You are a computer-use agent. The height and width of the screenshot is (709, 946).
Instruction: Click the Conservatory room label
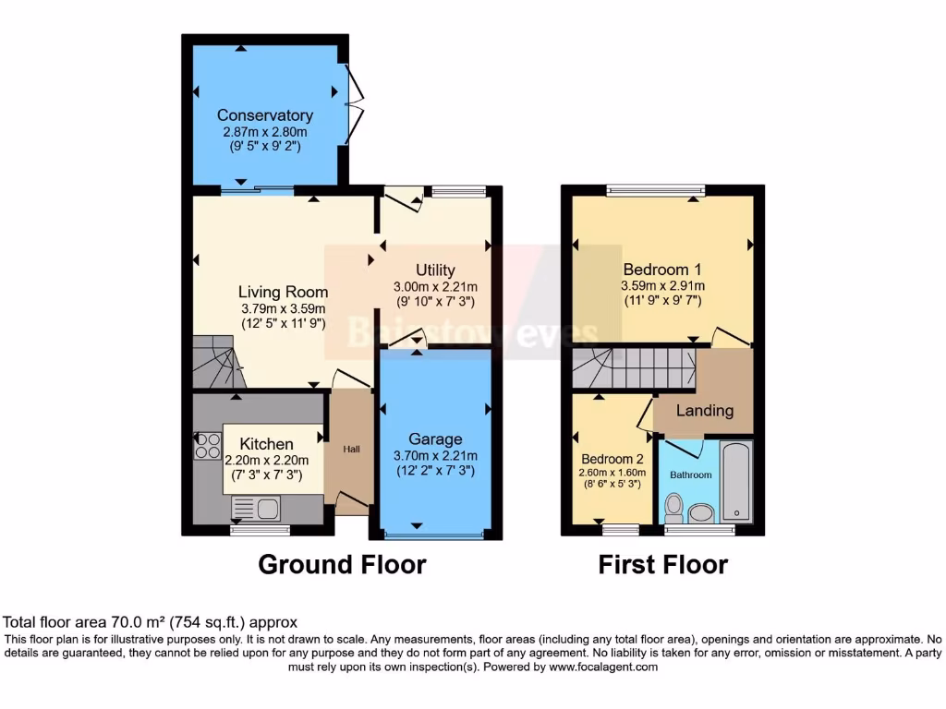click(264, 115)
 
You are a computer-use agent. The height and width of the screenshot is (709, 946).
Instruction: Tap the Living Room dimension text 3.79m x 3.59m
click(284, 307)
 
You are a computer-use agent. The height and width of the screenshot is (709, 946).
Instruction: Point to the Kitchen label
click(266, 444)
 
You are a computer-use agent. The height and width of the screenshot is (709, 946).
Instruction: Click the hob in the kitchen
click(208, 447)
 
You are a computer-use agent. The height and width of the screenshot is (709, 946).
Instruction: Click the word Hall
click(353, 449)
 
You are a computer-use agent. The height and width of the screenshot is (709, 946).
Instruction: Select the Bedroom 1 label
click(661, 270)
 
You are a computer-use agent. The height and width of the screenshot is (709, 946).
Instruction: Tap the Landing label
click(705, 411)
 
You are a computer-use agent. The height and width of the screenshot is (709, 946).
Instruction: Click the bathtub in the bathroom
click(736, 481)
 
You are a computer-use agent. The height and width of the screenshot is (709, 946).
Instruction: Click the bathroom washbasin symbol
click(703, 512)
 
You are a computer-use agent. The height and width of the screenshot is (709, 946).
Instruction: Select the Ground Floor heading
click(342, 564)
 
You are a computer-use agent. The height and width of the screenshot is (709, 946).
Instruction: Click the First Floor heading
click(662, 564)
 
